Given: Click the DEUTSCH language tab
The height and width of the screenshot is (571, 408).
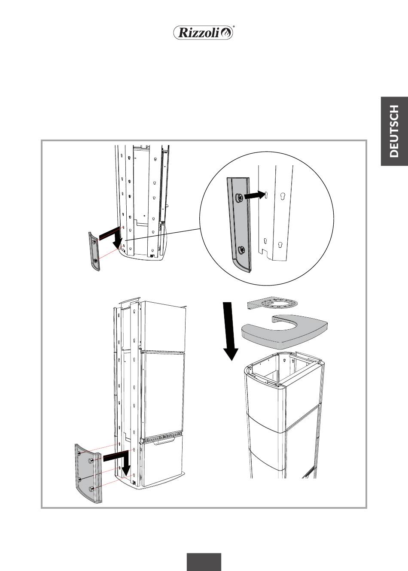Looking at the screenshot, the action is point(394,131).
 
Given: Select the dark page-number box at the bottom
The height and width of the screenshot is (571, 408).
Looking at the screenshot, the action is point(204,562).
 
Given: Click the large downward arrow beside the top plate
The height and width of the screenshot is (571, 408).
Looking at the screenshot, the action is point(230,331).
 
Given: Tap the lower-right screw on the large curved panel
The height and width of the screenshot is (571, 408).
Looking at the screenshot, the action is point(91,489).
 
